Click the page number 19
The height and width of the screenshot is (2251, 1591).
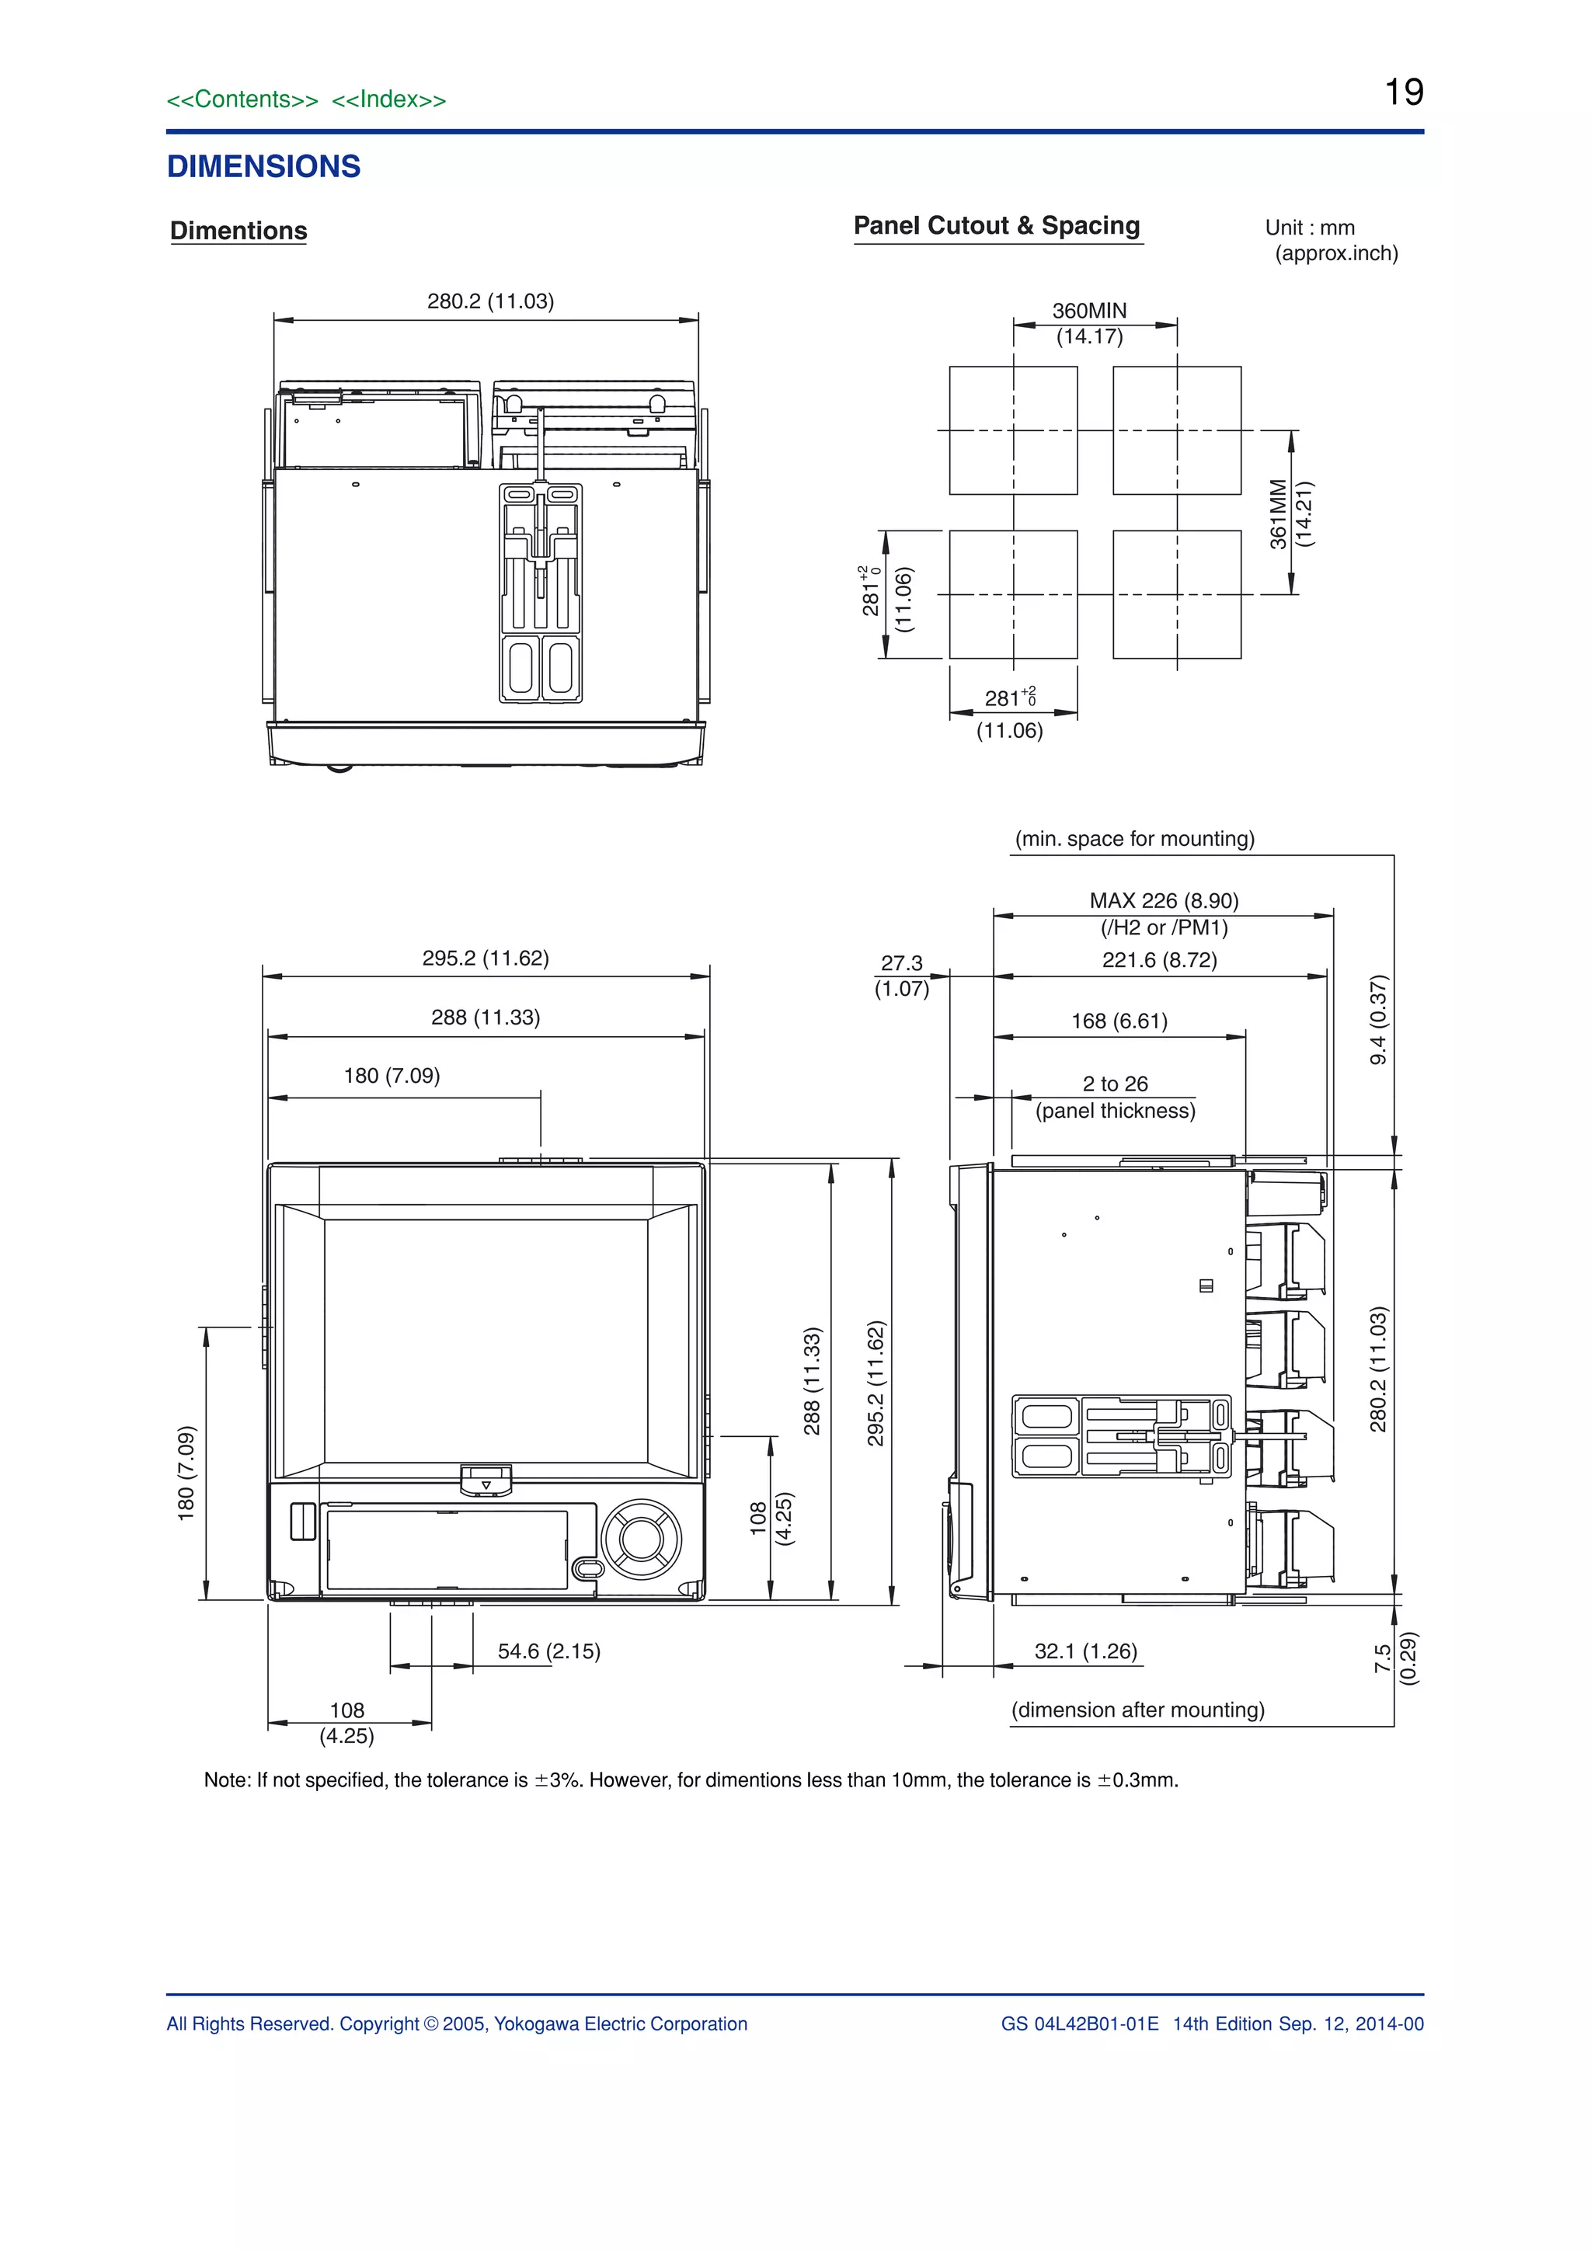[1404, 92]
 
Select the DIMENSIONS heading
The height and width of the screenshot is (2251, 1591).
[263, 167]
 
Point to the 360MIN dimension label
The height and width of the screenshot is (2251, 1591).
[1089, 311]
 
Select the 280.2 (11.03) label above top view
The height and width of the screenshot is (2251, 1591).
[490, 301]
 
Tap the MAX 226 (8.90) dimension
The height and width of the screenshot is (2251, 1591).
[1164, 900]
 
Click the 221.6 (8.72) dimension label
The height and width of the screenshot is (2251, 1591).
[1159, 960]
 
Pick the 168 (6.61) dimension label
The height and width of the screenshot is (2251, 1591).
[1119, 1021]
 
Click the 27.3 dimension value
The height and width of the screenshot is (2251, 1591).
[902, 962]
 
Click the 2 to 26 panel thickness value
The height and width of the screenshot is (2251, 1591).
[1115, 1084]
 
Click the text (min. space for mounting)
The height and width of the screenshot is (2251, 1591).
[1134, 839]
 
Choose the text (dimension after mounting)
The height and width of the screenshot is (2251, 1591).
[1137, 1710]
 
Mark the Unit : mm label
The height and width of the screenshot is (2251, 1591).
[1310, 228]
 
